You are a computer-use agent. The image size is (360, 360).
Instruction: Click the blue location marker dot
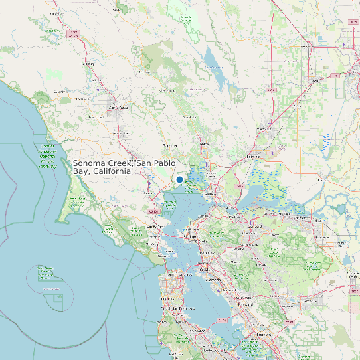click(x=179, y=180)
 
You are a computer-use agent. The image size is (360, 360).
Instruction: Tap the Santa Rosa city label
click(x=118, y=107)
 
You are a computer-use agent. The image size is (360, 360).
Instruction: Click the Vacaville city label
click(x=264, y=128)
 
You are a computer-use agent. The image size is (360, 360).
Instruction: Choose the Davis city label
click(x=313, y=81)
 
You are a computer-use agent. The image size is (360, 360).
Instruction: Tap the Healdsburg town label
click(x=87, y=64)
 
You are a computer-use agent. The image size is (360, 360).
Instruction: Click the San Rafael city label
click(x=155, y=226)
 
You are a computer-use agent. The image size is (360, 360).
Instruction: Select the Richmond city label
click(x=191, y=236)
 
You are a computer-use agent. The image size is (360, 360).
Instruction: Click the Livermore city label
click(x=307, y=300)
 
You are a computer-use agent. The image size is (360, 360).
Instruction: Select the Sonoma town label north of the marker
click(x=171, y=145)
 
